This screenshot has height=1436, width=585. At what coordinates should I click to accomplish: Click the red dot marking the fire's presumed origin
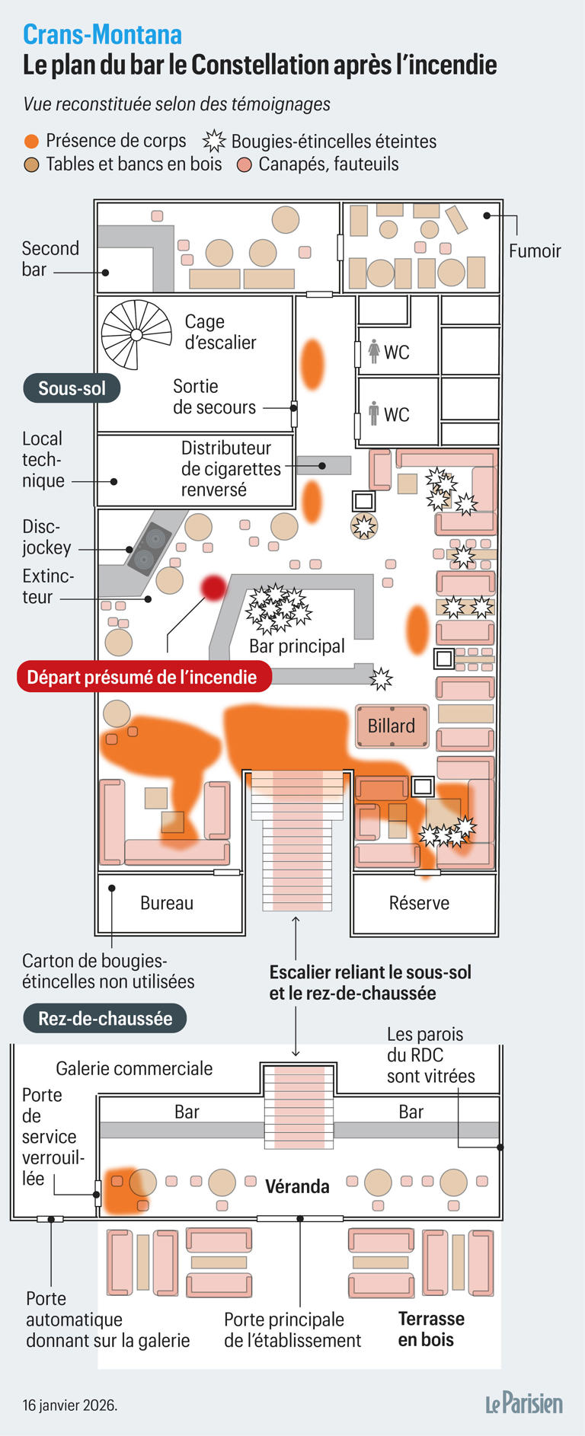click(x=213, y=587)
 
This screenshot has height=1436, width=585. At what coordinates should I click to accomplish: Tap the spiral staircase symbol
click(x=136, y=334)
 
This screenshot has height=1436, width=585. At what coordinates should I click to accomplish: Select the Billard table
click(x=392, y=726)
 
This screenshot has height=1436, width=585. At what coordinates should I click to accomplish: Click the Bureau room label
click(x=167, y=903)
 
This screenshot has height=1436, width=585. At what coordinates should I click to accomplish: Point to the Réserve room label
click(x=419, y=903)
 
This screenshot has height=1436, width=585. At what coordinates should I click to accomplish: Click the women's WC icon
click(x=374, y=351)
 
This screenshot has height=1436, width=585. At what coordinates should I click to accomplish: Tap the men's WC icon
click(x=374, y=413)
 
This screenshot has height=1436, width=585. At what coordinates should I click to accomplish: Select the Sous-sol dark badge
click(x=72, y=388)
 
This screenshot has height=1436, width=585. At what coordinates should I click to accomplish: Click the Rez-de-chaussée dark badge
click(x=105, y=1019)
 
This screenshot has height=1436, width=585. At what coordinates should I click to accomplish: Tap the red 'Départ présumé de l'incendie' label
click(x=142, y=677)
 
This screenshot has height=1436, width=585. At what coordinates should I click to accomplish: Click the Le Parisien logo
click(x=524, y=1404)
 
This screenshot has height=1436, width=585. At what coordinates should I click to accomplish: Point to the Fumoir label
click(x=535, y=251)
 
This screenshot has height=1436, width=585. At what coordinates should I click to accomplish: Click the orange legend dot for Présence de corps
click(x=31, y=142)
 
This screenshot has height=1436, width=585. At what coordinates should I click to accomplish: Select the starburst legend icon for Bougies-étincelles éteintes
click(x=215, y=141)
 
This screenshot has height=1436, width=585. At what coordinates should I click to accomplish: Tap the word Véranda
click(x=297, y=1186)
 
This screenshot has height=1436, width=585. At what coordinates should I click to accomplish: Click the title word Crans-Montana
click(x=102, y=34)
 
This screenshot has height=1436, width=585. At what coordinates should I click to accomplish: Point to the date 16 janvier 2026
click(x=70, y=1405)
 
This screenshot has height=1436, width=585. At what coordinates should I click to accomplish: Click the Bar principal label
click(x=297, y=646)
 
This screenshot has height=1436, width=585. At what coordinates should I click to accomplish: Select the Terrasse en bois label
click(x=431, y=1329)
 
